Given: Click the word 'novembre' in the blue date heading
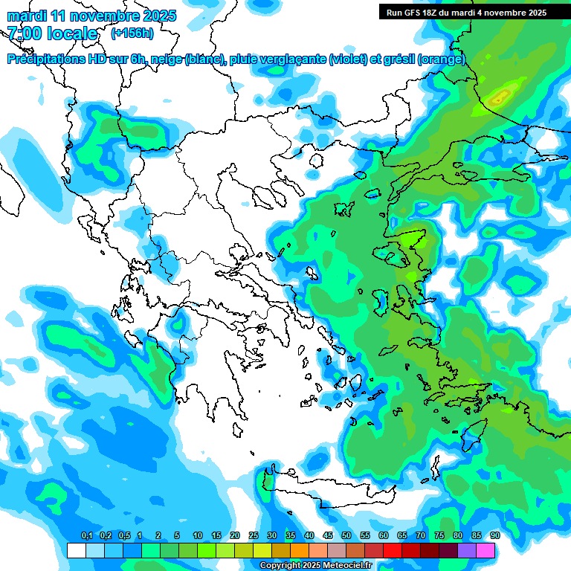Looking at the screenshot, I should coord(105,16).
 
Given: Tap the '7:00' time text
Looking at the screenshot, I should coord(25,33).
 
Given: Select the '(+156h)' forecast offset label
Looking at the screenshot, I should coord(132,33).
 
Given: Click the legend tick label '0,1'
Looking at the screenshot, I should coord(86,535).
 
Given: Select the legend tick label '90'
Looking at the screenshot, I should coord(494,535).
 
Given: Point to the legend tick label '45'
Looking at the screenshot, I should coord(328,535).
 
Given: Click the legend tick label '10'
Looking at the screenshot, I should coord(198,535).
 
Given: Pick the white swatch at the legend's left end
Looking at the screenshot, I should coord(76,550).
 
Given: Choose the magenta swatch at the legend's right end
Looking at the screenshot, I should coord(485,550).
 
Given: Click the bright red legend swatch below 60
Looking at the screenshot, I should coord(393,550).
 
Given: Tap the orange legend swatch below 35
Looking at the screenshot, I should coord(300,550).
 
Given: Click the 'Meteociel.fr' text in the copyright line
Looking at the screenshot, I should coord(349,566).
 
